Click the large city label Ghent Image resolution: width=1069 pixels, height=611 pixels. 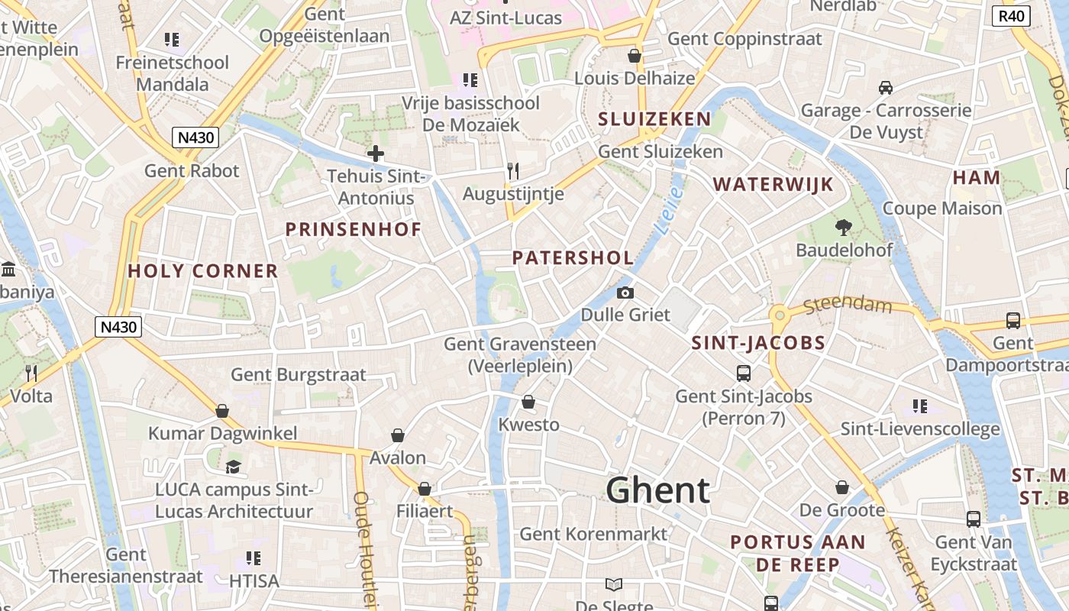[658, 490]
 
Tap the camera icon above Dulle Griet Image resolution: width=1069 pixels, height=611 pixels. [625, 293]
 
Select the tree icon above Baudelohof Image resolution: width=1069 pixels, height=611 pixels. [844, 226]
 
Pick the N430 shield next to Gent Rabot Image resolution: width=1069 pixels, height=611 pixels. [195, 137]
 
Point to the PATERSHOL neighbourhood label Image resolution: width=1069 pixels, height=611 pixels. [573, 258]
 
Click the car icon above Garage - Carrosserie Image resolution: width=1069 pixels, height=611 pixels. [886, 88]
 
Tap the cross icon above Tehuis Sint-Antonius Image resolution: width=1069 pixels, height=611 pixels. [375, 154]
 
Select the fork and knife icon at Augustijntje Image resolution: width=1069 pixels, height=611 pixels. [513, 170]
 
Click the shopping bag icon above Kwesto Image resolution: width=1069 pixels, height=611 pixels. [528, 402]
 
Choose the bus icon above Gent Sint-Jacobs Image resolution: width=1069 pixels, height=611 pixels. [744, 373]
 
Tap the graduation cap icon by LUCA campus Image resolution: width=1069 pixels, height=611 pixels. [234, 466]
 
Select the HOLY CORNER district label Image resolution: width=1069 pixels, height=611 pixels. [202, 271]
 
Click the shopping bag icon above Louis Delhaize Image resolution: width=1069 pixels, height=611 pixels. [634, 56]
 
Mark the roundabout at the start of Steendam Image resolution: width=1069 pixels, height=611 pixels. [780, 315]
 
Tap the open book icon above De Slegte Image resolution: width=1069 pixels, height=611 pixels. [614, 584]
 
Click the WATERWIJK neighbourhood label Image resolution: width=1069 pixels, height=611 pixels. [773, 185]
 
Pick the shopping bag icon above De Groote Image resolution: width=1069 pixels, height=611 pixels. [841, 487]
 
